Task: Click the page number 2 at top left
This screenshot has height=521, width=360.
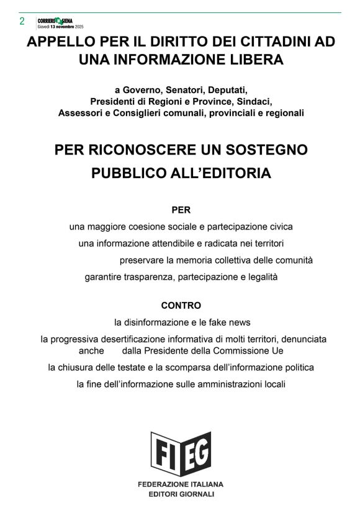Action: pyautogui.click(x=22, y=21)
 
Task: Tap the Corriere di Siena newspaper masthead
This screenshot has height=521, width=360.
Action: pyautogui.click(x=60, y=20)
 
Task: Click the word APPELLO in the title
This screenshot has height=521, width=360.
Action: pyautogui.click(x=60, y=42)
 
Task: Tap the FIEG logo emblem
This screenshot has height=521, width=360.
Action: pyautogui.click(x=181, y=453)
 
